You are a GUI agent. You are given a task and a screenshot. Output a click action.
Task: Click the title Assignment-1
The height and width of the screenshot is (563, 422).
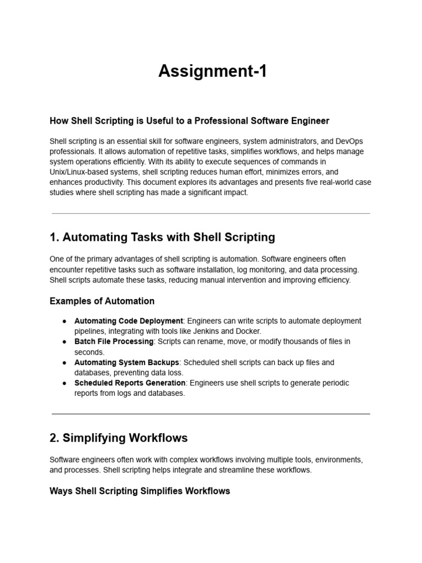(x=212, y=71)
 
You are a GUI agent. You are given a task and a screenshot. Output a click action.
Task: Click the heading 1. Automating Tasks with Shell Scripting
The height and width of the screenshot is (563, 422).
(x=162, y=238)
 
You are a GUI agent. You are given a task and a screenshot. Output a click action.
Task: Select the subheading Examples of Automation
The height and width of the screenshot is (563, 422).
(x=102, y=301)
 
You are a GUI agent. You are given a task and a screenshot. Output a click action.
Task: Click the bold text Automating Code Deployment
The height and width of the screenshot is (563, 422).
(x=129, y=321)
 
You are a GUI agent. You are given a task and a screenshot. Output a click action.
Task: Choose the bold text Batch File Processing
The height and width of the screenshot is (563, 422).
(x=114, y=341)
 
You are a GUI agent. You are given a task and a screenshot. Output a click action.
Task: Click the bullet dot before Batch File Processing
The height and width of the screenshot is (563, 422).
(x=64, y=342)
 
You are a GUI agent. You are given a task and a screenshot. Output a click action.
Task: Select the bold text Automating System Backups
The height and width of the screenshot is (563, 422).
(x=127, y=362)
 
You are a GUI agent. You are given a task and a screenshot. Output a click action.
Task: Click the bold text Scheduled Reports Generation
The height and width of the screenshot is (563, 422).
(x=130, y=383)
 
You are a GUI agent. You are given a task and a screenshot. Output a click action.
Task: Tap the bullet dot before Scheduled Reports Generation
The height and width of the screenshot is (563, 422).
(x=64, y=383)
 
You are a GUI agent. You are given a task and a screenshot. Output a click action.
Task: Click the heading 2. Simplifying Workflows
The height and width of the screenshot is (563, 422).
(x=118, y=438)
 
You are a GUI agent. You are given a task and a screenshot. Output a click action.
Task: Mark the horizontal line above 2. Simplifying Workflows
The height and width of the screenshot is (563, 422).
(x=211, y=413)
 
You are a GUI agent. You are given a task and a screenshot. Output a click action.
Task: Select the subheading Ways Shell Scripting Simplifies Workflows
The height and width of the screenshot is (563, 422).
(x=140, y=491)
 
